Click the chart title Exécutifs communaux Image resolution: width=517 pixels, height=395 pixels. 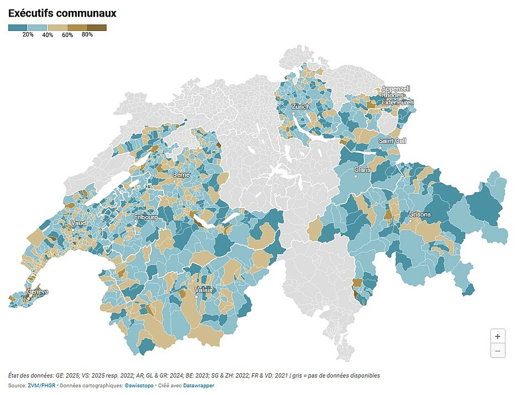click(62, 13)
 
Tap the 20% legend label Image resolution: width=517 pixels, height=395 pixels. click(28, 34)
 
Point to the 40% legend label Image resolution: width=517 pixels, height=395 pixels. click(48, 35)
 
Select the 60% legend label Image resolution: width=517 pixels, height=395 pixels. click(67, 35)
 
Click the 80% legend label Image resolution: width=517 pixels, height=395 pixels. click(87, 34)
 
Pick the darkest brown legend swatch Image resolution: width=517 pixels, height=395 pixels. click(97, 27)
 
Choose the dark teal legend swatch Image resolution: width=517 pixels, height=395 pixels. click(18, 27)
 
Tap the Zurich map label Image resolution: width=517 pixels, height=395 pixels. click(301, 106)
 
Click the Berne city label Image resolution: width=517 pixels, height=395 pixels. click(181, 174)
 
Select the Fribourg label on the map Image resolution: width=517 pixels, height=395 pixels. click(146, 217)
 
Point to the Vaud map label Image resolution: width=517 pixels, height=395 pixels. click(78, 223)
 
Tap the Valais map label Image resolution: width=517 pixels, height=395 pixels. click(204, 289)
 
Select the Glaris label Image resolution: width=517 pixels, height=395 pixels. click(362, 169)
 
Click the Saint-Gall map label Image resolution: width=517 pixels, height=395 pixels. click(392, 141)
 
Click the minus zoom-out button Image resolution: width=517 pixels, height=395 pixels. click(498, 350)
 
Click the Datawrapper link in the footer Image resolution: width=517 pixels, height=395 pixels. click(198, 386)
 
